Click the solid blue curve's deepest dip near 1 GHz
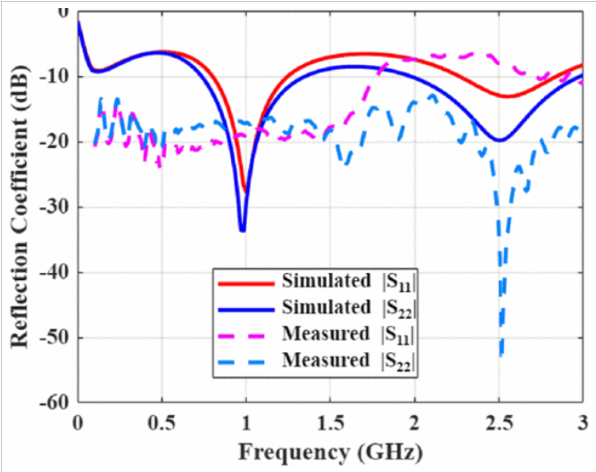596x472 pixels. pos(242,230)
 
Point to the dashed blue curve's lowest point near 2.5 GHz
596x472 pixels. pos(501,355)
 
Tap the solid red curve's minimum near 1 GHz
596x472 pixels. pos(246,190)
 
